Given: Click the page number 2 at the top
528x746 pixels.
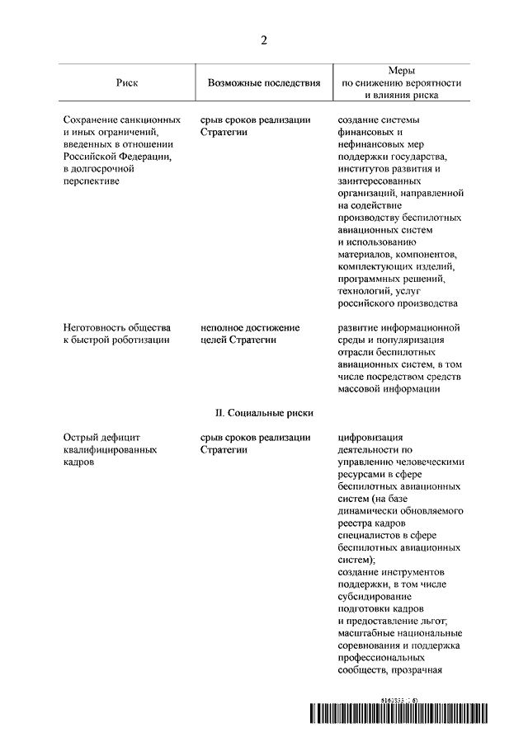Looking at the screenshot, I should point(264,40).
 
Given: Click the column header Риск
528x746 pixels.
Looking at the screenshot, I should point(127,83).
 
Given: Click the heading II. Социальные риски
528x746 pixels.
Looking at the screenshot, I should point(264,412).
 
